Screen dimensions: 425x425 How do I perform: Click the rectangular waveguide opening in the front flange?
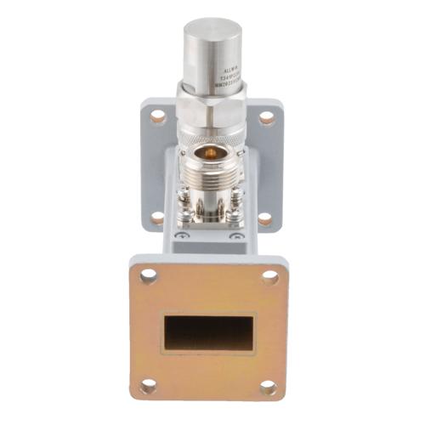click(209, 333)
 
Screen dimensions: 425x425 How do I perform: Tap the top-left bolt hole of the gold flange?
click(149, 275)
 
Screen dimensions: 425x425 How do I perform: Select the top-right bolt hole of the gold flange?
click(270, 276)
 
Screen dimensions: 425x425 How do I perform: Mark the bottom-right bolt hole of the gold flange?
click(269, 388)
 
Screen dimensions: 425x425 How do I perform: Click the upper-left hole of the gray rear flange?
click(158, 117)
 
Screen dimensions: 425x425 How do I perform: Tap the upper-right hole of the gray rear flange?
click(266, 118)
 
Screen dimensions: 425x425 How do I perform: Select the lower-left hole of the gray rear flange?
click(157, 218)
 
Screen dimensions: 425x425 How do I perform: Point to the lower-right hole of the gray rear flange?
click(264, 219)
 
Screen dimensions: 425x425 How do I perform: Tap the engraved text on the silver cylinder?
click(229, 75)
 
